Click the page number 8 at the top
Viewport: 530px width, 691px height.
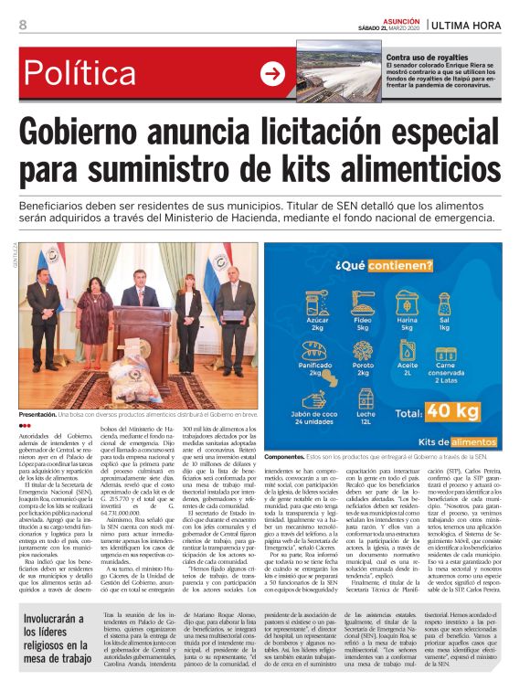pos(22,25)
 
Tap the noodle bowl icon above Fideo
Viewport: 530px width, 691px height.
pos(363,303)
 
